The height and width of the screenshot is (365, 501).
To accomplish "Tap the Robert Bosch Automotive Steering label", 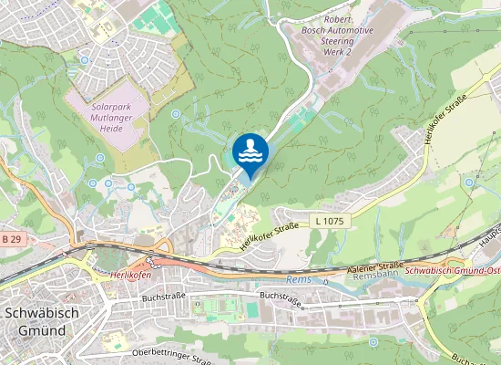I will coord(338,29).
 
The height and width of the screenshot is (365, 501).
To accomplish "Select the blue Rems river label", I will coord(299,280).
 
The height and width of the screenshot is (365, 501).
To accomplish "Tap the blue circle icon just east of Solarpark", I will coord(175,114).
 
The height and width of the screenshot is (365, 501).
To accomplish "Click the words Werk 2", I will coord(337,53).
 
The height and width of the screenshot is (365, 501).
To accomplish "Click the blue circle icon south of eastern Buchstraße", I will coord(373,341).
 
